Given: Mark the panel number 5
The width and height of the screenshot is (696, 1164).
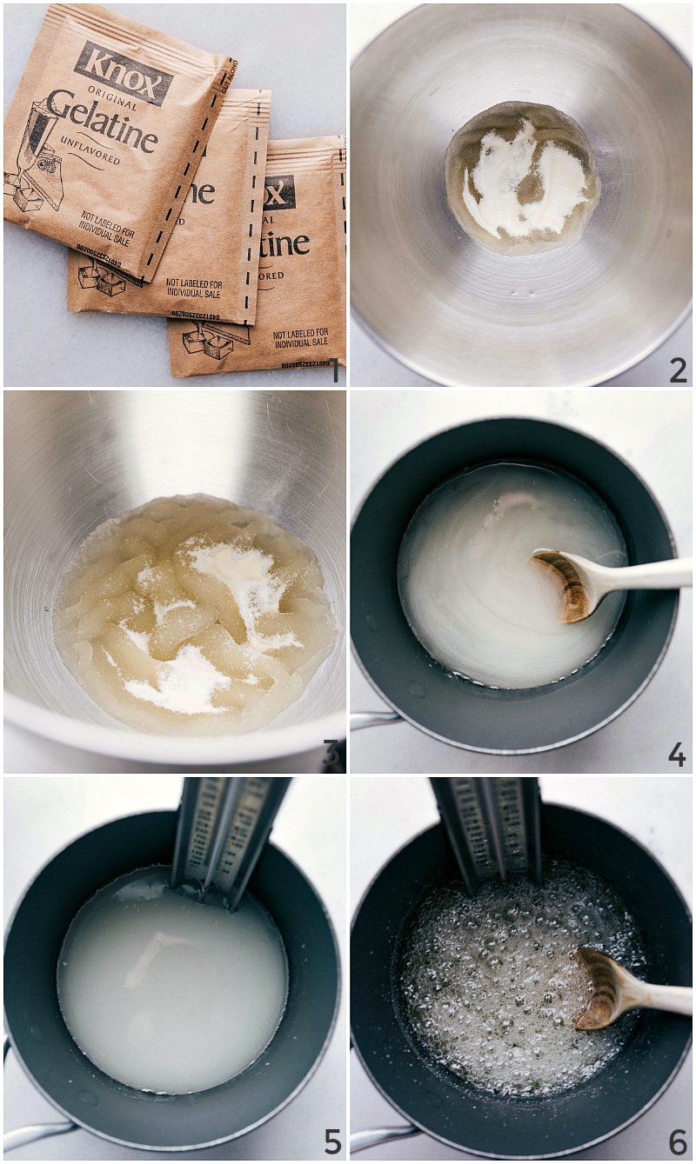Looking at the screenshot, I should pyautogui.click(x=331, y=1141).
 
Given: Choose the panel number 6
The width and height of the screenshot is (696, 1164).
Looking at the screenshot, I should pyautogui.click(x=677, y=1141).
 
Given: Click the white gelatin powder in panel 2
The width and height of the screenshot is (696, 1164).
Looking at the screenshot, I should pyautogui.click(x=522, y=183).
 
